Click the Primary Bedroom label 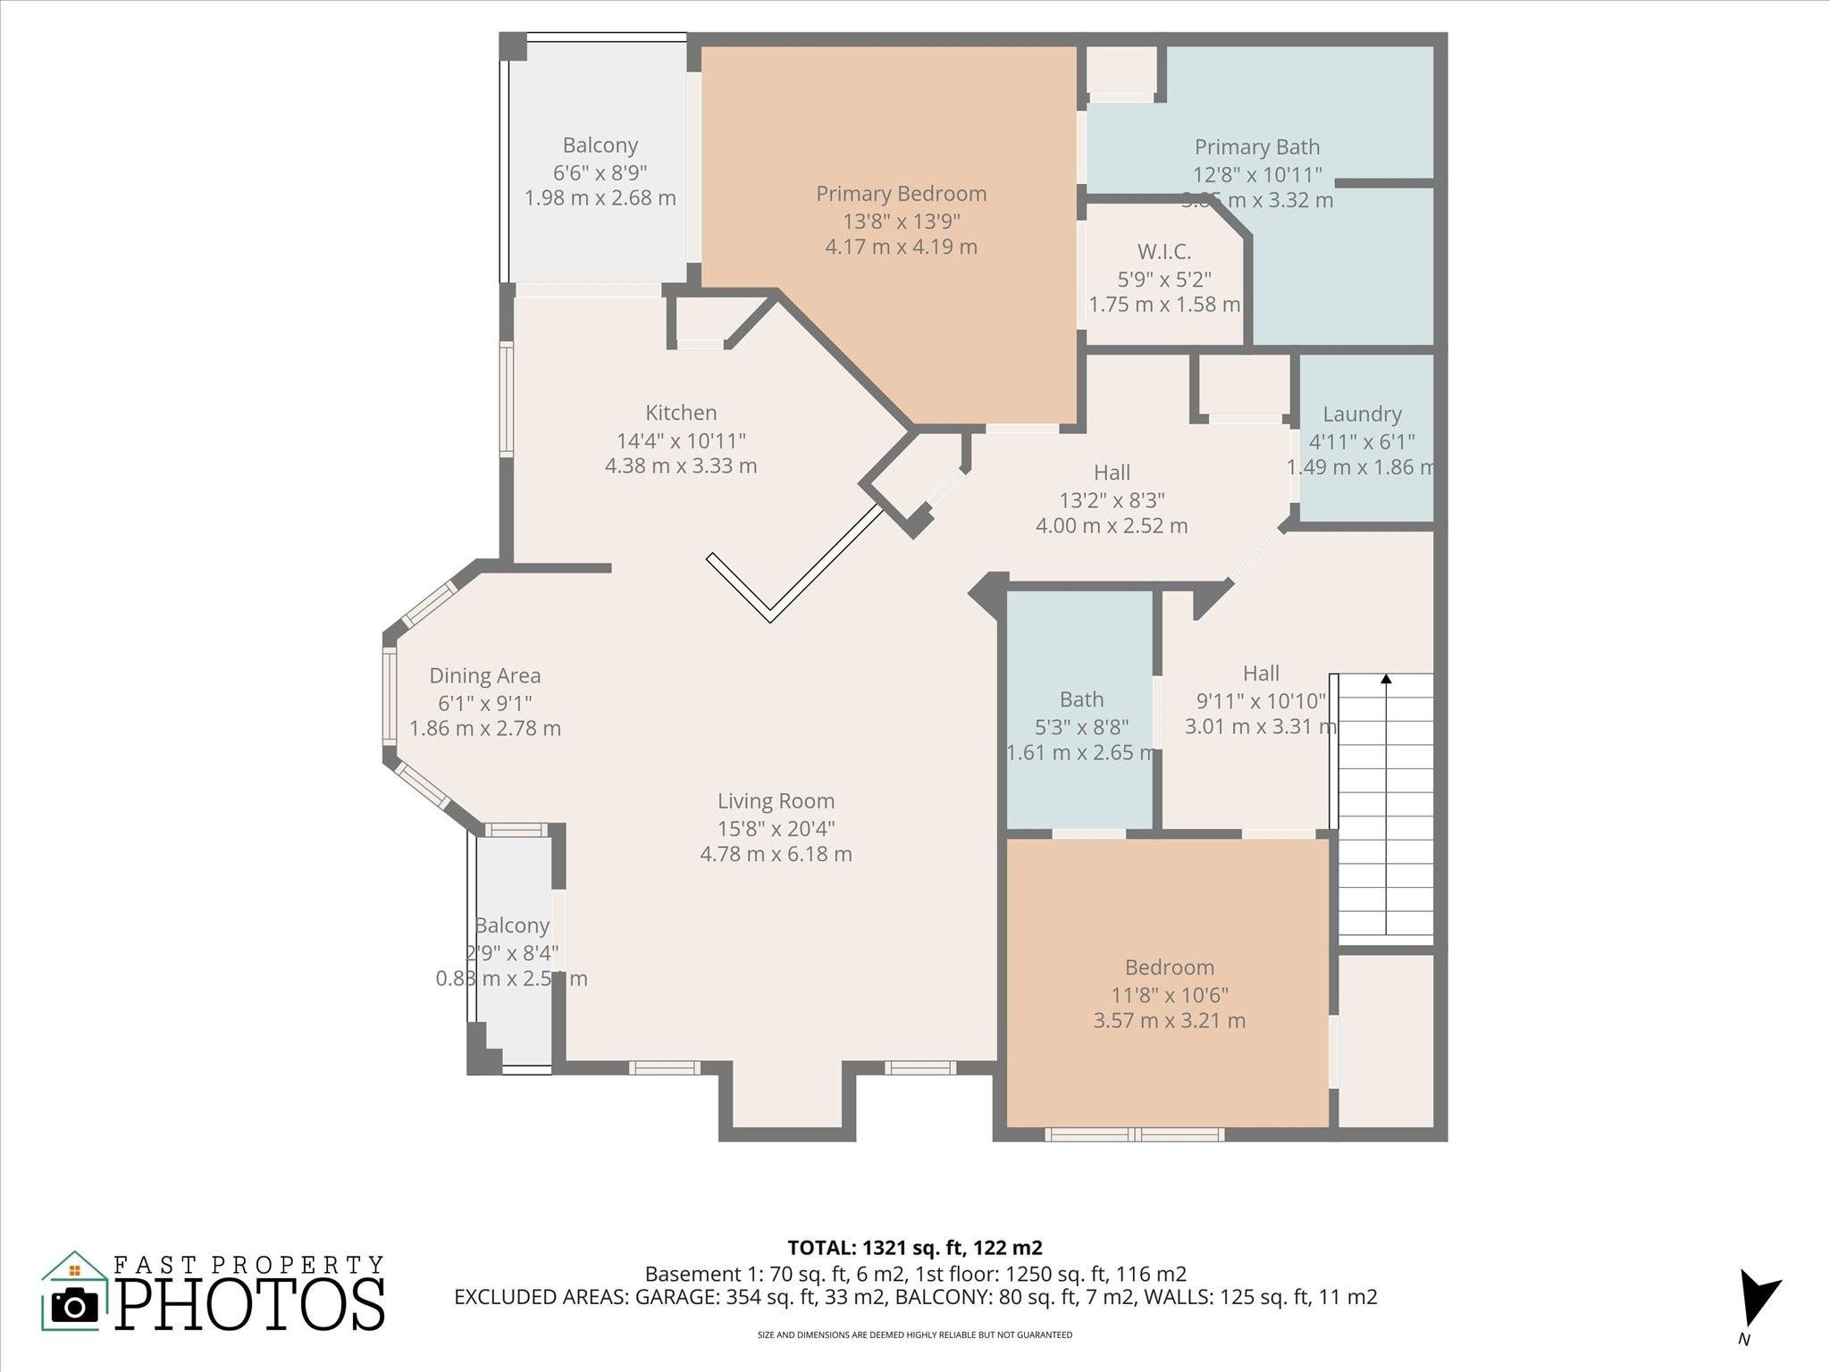901,194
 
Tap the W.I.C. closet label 1163,252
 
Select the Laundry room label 1362,414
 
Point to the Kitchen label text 681,413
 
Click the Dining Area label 484,676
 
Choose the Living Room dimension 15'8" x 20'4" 776,828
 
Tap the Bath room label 1081,699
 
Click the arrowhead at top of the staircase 1386,680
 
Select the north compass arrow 1758,1299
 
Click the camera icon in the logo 74,1306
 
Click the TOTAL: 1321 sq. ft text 914,1247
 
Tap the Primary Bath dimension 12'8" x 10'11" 1256,174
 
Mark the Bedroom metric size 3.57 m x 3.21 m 1169,1020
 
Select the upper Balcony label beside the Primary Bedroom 600,146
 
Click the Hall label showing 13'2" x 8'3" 1112,473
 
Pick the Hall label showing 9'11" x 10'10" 1261,673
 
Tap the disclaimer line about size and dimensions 914,1334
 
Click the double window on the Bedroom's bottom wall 1134,1134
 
